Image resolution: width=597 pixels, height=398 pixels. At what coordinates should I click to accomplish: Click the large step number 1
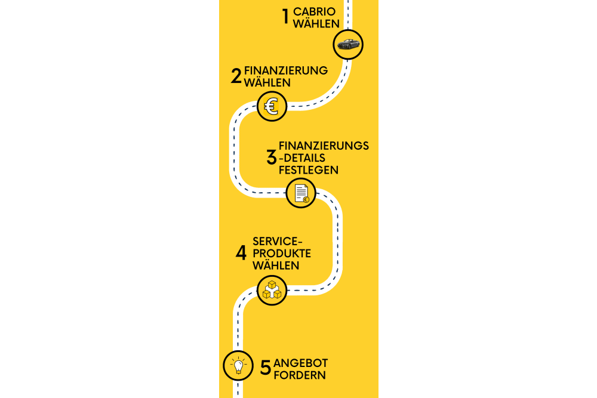[285, 17]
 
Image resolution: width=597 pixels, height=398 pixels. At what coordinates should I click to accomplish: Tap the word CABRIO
[314, 12]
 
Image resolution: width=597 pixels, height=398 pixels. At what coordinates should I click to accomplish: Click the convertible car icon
[348, 45]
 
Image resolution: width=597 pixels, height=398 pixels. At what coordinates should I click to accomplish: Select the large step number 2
[236, 76]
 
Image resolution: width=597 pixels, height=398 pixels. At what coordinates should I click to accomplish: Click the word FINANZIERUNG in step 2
[286, 70]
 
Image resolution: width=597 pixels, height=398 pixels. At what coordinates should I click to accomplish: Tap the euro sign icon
[272, 106]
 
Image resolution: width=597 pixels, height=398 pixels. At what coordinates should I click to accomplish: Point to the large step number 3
[272, 157]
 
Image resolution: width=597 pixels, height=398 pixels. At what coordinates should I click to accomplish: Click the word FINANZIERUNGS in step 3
[324, 146]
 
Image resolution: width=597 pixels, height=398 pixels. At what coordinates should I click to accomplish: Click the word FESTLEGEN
[309, 170]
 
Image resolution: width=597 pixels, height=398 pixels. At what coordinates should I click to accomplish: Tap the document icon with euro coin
[301, 193]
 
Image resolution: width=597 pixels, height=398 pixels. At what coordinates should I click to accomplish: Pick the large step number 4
[241, 253]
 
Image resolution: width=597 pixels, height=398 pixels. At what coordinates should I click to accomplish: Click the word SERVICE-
[278, 241]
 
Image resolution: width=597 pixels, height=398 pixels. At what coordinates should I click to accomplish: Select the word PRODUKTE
[282, 254]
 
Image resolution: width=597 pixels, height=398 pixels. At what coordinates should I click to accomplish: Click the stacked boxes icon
[272, 290]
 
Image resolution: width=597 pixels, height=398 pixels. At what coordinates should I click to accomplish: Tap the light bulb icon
[238, 366]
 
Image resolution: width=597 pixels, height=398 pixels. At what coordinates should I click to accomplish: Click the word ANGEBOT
[300, 363]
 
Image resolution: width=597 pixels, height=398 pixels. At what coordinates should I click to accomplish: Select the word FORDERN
[300, 375]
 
